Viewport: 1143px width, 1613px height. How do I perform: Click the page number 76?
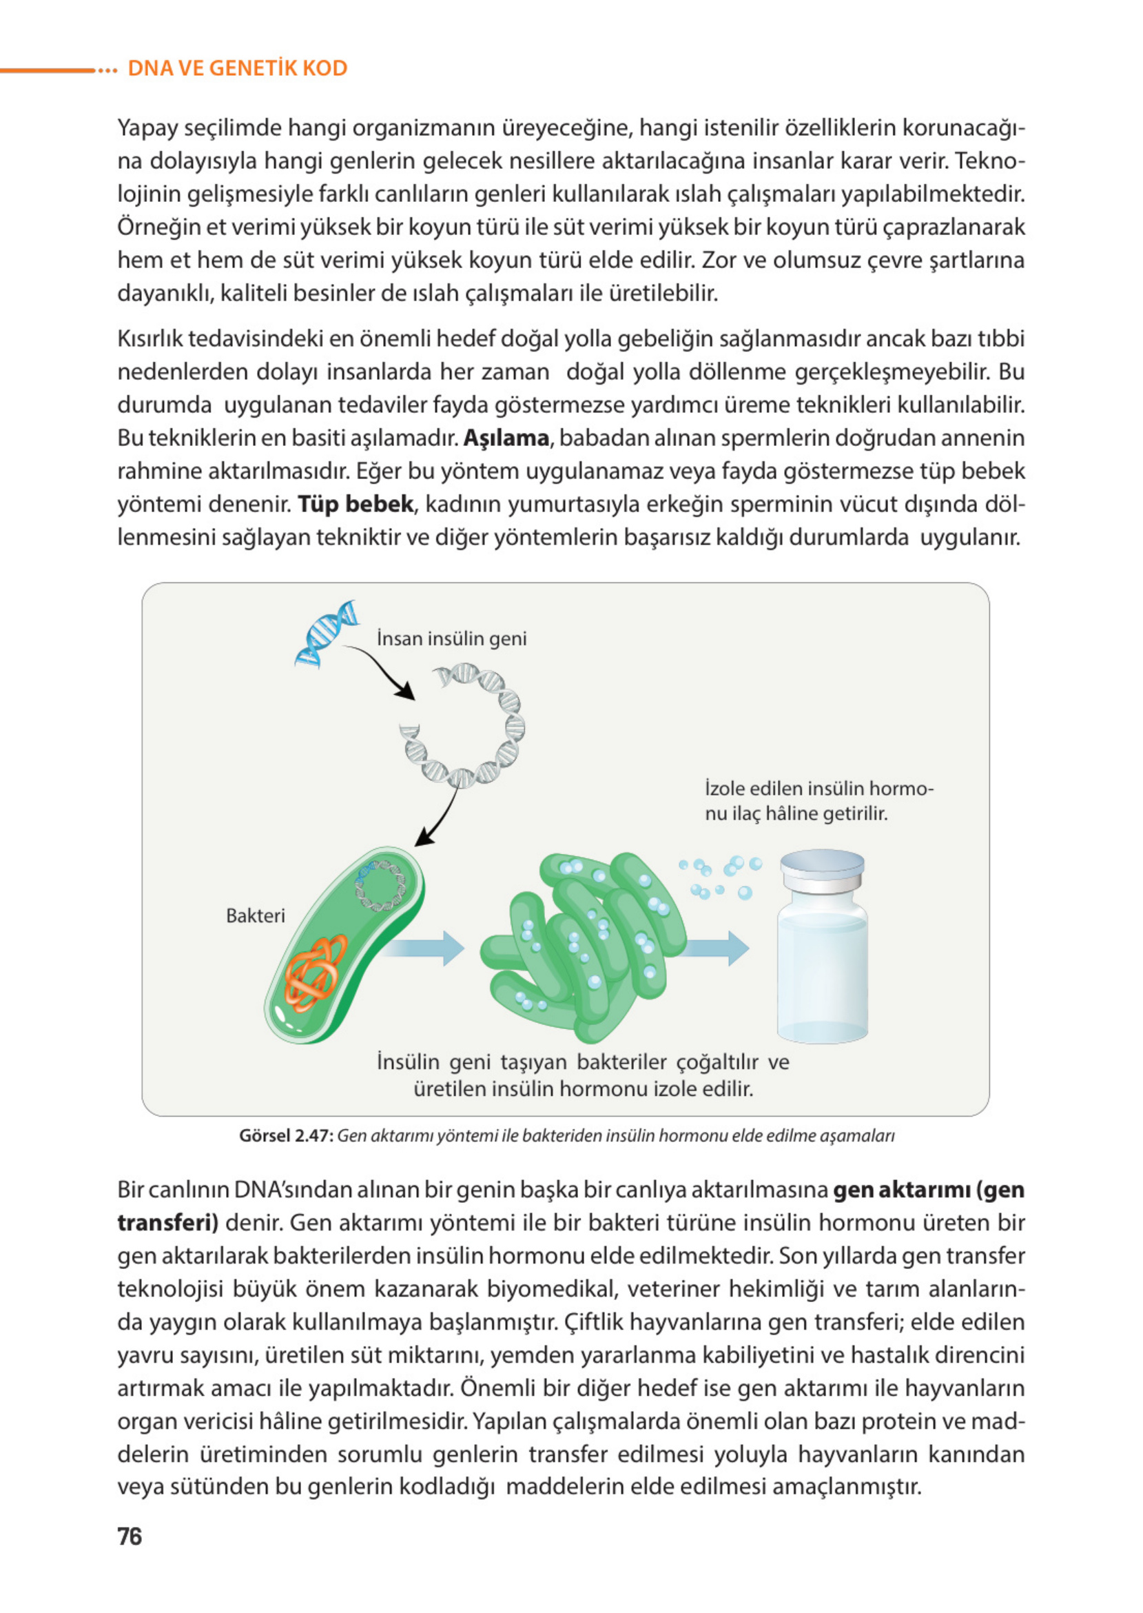(130, 1536)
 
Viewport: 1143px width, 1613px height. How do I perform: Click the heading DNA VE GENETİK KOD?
(237, 68)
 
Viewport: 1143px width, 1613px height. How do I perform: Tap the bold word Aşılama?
(505, 438)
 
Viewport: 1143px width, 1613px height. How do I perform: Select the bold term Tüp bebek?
(356, 504)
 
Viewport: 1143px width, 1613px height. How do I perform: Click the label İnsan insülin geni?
(451, 638)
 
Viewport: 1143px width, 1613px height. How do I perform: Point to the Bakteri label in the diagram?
(256, 915)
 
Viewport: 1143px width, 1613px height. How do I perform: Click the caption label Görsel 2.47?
(285, 1135)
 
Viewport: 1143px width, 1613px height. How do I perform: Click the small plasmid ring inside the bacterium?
(380, 885)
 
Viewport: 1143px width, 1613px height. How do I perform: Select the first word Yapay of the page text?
(147, 128)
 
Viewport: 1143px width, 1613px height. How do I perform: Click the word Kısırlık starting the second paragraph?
(150, 338)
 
